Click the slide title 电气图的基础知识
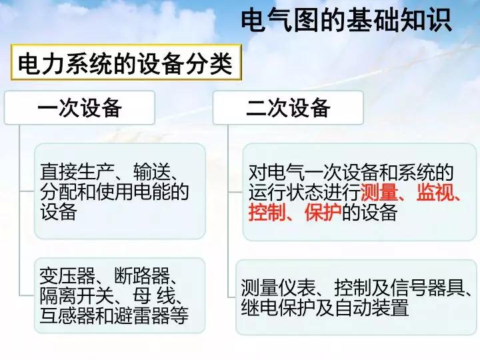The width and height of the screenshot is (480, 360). click(x=346, y=20)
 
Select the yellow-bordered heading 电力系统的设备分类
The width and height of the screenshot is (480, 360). click(x=126, y=63)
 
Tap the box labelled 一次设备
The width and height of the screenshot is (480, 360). click(x=79, y=108)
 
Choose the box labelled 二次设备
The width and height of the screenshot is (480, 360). click(x=288, y=108)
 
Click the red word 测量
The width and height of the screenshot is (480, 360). click(x=379, y=192)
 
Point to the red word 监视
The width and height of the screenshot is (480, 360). click(x=435, y=192)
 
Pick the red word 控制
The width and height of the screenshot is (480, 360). click(x=267, y=212)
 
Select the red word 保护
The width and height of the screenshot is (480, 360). click(x=323, y=212)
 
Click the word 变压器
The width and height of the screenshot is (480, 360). click(x=67, y=275)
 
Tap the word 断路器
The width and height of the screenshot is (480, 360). click(x=142, y=275)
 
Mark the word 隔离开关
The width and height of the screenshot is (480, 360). click(x=77, y=295)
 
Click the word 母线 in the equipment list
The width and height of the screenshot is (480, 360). click(x=154, y=295)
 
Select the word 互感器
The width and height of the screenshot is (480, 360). click(x=67, y=315)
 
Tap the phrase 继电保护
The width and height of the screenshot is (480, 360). click(x=278, y=307)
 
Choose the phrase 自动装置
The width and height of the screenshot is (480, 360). click(x=371, y=307)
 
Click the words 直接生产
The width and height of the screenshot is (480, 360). click(x=77, y=172)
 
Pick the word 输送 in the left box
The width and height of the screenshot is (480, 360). click(x=152, y=172)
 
